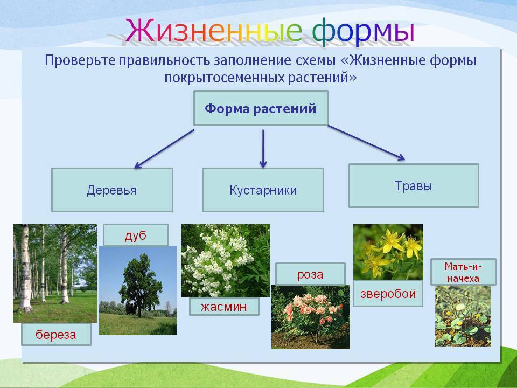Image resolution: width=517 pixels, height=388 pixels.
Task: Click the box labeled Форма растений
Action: click(x=261, y=108)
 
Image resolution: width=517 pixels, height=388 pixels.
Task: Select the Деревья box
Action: click(x=112, y=190)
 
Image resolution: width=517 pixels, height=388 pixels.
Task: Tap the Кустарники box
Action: click(x=263, y=190)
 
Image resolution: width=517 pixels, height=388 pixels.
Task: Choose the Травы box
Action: click(x=414, y=186)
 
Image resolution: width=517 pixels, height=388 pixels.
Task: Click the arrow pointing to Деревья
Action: click(x=164, y=149)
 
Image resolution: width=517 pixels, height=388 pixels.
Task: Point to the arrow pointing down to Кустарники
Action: click(x=263, y=149)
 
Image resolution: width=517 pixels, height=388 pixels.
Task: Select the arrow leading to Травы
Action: click(x=366, y=142)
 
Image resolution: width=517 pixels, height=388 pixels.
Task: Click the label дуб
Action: click(x=136, y=235)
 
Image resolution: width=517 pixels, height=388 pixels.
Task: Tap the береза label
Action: click(x=56, y=335)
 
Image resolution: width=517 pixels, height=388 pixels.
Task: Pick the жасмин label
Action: click(x=224, y=307)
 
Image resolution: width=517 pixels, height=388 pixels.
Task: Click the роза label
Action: click(x=310, y=274)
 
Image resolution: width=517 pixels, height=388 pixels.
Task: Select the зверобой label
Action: click(x=388, y=294)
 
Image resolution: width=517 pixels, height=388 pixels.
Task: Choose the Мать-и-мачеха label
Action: click(x=463, y=272)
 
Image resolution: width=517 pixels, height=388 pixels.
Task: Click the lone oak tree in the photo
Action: click(x=140, y=285)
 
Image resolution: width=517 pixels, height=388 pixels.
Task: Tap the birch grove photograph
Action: click(x=55, y=274)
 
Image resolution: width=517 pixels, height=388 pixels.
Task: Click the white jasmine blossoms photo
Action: click(x=225, y=261)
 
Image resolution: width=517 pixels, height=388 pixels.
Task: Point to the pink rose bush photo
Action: click(x=311, y=317)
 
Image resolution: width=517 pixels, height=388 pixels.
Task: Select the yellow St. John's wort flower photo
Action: click(x=388, y=252)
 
